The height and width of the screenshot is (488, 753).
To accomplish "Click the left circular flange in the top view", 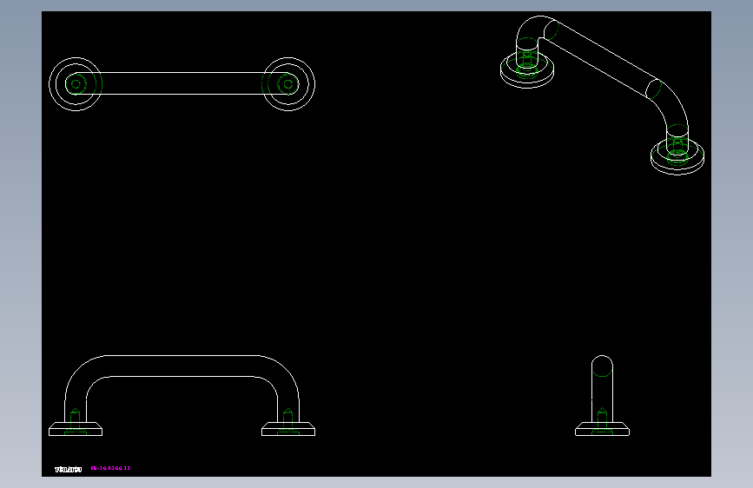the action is pyautogui.click(x=75, y=83).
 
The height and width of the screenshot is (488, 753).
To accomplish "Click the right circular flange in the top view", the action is pyautogui.click(x=288, y=83).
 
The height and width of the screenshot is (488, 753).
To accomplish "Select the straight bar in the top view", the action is pyautogui.click(x=182, y=83).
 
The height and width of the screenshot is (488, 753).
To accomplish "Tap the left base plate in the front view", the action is pyautogui.click(x=76, y=429).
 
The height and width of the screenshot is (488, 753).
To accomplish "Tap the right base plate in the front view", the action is pyautogui.click(x=288, y=429).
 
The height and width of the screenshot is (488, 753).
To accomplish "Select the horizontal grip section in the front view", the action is pyautogui.click(x=182, y=366).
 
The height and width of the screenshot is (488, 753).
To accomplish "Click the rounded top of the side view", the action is pyautogui.click(x=602, y=364).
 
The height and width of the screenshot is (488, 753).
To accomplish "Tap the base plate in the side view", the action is pyautogui.click(x=602, y=429).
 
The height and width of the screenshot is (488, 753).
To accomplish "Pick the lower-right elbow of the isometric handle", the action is pyautogui.click(x=673, y=109).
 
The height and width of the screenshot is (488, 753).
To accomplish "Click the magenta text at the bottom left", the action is pyautogui.click(x=110, y=469).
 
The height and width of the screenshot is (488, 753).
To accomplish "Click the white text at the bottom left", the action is pyautogui.click(x=68, y=469).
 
